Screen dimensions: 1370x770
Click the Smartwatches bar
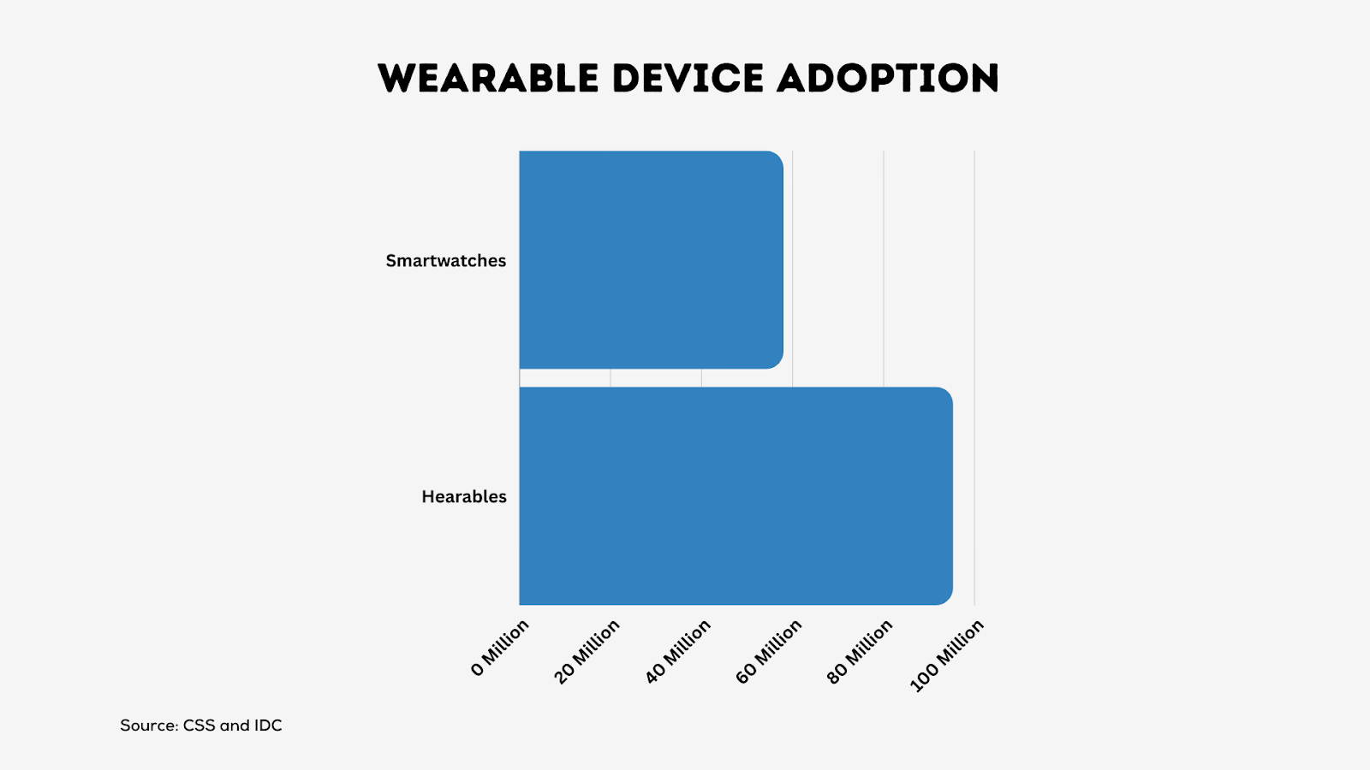(x=652, y=260)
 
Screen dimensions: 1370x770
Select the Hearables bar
(x=736, y=496)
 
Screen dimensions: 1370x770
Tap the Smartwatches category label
(x=446, y=261)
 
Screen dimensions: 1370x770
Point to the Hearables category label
(x=464, y=497)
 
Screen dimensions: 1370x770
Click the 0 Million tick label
(x=500, y=648)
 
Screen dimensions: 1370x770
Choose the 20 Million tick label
(x=587, y=651)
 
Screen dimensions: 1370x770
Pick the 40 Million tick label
(x=677, y=651)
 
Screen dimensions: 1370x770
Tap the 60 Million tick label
(x=768, y=651)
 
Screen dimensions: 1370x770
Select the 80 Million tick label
(x=860, y=651)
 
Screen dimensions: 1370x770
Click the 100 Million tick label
(x=947, y=655)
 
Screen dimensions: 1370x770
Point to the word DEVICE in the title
(x=688, y=78)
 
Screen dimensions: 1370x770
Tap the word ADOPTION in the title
(x=888, y=78)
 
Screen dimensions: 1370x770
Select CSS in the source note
(x=199, y=726)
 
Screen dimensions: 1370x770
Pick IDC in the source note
(x=268, y=726)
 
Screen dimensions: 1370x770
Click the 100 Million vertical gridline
(x=974, y=377)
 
